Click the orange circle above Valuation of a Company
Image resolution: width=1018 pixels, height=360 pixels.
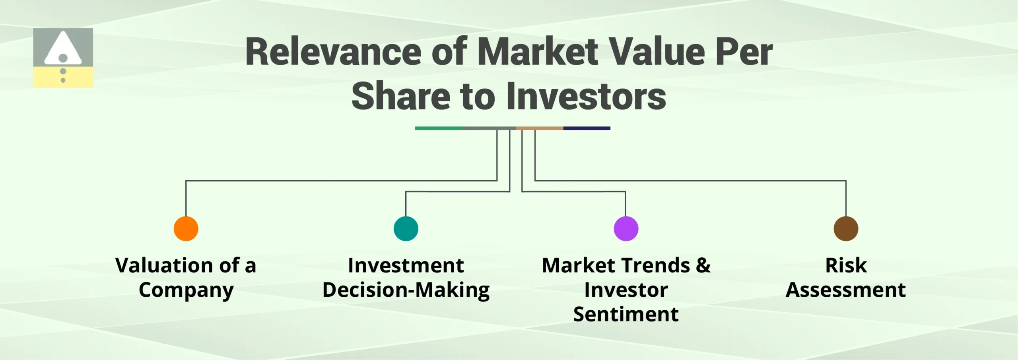coord(186,229)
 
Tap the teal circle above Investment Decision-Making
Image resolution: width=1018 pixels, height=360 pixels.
coord(406,229)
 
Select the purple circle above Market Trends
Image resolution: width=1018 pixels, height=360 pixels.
coord(626,229)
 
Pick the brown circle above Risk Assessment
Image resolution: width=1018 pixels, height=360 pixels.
coord(846,229)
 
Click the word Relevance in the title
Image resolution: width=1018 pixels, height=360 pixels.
coord(333,53)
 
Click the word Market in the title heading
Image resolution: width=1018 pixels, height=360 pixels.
coord(537,53)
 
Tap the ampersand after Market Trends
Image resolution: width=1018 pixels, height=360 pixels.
coord(703,265)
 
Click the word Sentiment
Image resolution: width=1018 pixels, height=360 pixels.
coord(626,315)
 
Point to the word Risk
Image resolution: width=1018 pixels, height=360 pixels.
coord(846,265)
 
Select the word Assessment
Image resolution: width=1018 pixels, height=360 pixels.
coord(846,290)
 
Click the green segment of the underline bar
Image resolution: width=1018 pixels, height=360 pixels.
coord(438,128)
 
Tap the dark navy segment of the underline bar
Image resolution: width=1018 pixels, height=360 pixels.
coord(587,128)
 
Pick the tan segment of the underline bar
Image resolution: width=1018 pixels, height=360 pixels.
coord(539,128)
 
